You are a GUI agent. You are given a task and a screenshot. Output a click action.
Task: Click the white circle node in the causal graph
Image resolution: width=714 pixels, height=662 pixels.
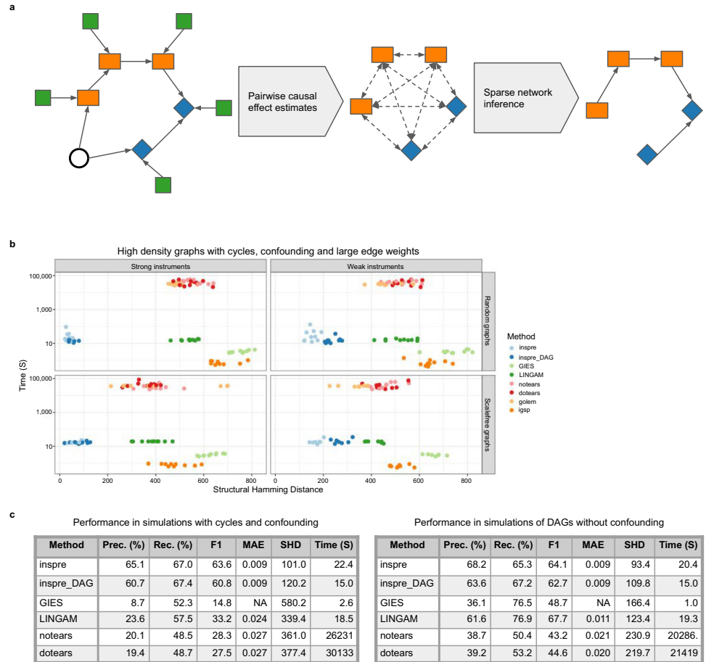click(x=78, y=157)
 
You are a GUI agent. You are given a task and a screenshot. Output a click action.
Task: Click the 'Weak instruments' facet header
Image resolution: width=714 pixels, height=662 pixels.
click(x=375, y=266)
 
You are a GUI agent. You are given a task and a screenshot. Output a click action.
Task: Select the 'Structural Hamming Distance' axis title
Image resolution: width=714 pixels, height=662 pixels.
click(x=268, y=489)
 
